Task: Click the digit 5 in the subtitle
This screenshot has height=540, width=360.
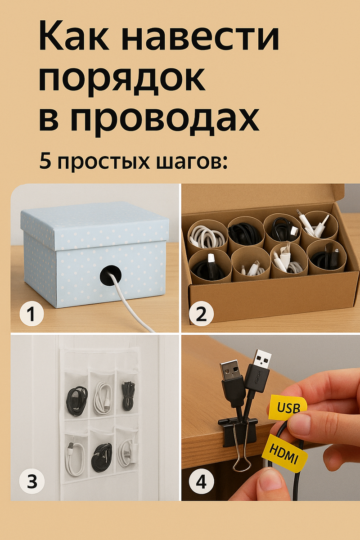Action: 45,160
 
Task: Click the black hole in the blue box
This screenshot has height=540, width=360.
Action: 111,275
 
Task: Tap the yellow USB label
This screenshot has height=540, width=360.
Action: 288,406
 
